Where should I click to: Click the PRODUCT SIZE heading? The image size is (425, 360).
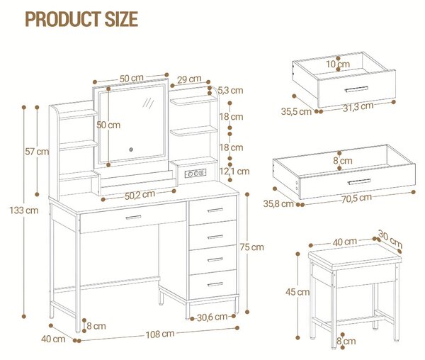tap(81, 19)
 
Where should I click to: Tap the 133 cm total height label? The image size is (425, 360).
tap(24, 210)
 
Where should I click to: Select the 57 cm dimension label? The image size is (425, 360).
tap(37, 152)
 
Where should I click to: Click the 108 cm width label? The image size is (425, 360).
tap(160, 334)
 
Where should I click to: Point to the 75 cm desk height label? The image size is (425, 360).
tap(251, 247)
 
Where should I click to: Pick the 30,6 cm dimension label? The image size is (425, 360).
tap(212, 317)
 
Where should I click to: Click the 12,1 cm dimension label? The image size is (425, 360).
tap(234, 171)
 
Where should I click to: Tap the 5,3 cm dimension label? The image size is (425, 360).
tap(230, 90)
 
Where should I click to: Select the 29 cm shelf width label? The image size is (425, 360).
tap(189, 79)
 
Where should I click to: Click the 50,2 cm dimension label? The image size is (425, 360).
tap(140, 195)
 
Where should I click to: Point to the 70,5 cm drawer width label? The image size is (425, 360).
tap(356, 198)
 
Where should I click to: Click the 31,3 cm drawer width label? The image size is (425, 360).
tap(358, 107)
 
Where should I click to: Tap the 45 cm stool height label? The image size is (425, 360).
tap(297, 292)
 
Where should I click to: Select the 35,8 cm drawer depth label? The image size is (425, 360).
tap(278, 204)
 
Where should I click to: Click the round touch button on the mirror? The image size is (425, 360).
tap(131, 150)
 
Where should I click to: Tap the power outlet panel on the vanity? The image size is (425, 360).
tap(195, 173)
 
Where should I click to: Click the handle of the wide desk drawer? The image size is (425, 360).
tap(133, 218)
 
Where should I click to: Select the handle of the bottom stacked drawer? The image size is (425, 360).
tap(215, 284)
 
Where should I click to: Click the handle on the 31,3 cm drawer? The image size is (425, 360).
tap(357, 89)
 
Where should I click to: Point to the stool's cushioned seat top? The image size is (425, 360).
tap(355, 255)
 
